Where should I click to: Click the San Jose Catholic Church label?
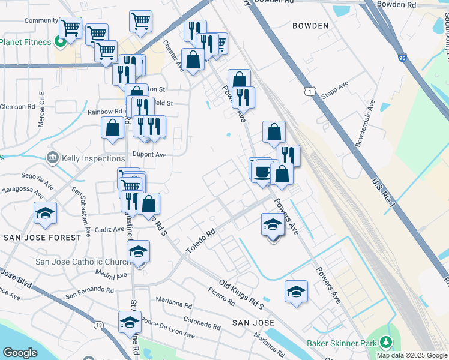click(83, 262)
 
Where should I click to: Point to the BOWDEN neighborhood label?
click(310, 26)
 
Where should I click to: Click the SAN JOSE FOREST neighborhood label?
click(42, 238)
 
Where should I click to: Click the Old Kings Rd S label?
click(242, 293)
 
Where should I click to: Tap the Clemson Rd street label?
click(18, 107)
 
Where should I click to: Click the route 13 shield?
click(97, 325)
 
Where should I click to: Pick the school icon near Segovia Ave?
click(45, 214)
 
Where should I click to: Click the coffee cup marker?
click(262, 172)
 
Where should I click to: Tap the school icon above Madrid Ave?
click(139, 252)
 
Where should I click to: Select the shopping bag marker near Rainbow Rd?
click(112, 128)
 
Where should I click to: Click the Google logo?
click(19, 353)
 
